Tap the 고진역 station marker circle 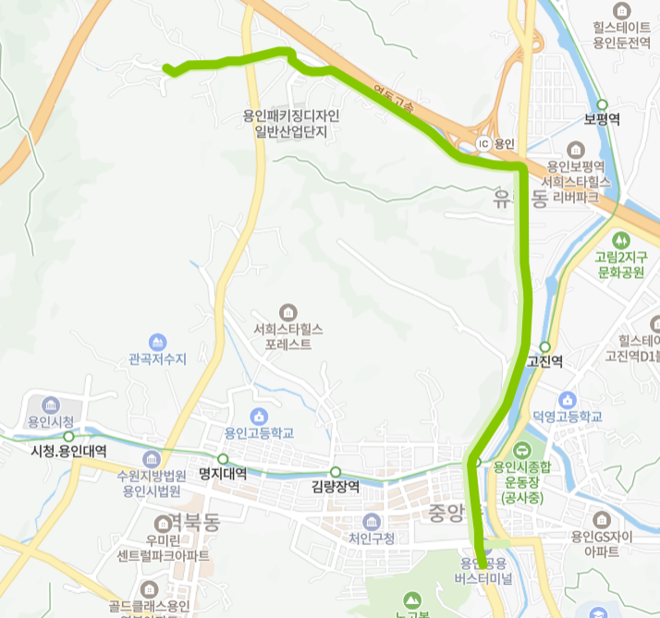pos(544,346)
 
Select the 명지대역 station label pos(223,474)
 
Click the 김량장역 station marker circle pos(336,472)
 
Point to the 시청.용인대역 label pos(68,451)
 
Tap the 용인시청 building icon pos(50,405)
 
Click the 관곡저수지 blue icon pos(158,342)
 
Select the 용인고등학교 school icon pos(258,415)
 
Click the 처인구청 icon pos(372,521)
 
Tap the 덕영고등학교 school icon pos(567,400)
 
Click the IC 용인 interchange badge pos(483,145)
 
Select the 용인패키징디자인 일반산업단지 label pos(291,124)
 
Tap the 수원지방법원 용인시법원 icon pos(152,459)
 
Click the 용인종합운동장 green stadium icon pos(521,451)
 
